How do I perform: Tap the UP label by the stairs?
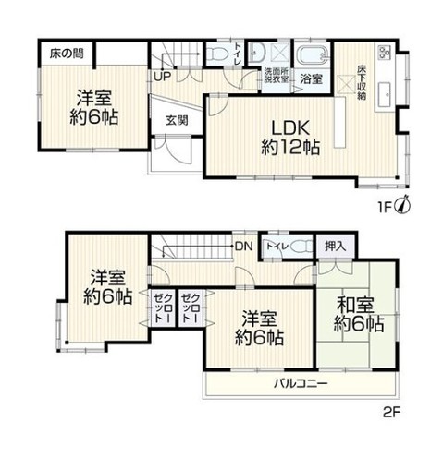click(161, 78)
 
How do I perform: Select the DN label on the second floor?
click(243, 246)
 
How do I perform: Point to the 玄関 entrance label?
click(177, 120)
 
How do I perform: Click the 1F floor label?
click(388, 206)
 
